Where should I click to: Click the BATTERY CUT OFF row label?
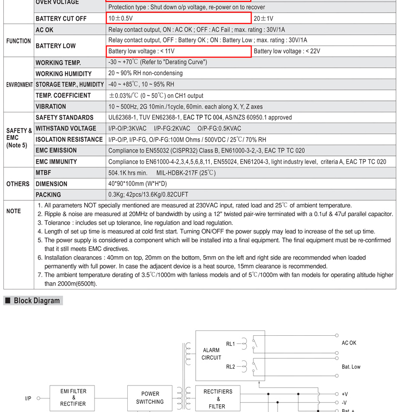[61, 18]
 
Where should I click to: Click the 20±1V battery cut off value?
[263, 18]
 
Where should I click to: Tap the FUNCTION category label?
[19, 41]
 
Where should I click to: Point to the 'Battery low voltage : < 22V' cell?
[287, 51]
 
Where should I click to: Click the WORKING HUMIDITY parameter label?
[64, 74]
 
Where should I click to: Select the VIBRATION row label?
[51, 107]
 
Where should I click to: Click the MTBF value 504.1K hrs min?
[128, 173]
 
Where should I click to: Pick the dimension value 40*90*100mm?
[138, 184]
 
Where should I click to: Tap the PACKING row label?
[48, 195]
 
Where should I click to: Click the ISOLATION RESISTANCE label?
[69, 139]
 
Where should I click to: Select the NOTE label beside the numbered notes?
[13, 211]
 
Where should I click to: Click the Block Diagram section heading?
[37, 301]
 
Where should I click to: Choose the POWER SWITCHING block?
[150, 398]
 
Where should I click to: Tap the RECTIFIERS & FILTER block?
[217, 398]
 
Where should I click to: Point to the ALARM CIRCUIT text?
[212, 354]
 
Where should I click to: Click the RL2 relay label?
[230, 367]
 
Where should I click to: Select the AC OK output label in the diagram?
[349, 343]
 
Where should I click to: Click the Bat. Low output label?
[351, 367]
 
